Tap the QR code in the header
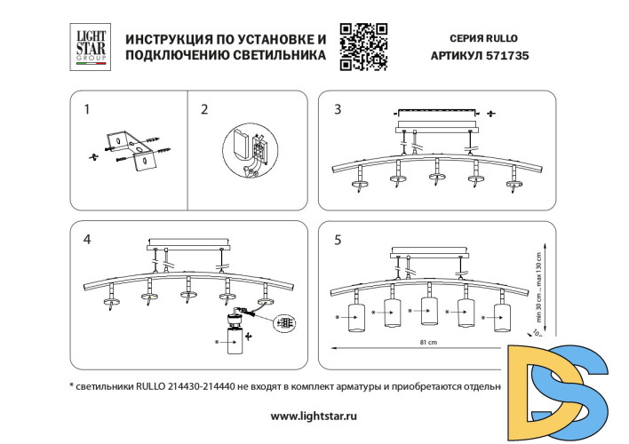click(x=364, y=46)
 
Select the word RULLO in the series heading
click(x=501, y=38)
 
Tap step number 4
click(x=86, y=240)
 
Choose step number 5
click(x=338, y=240)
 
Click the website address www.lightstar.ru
click(x=314, y=416)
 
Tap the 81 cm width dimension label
click(x=429, y=342)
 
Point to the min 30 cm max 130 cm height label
click(x=538, y=274)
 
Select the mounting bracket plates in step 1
click(x=129, y=150)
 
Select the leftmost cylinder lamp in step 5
click(x=357, y=317)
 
